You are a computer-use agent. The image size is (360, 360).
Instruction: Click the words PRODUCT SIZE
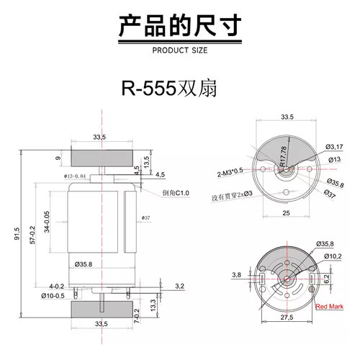(179, 50)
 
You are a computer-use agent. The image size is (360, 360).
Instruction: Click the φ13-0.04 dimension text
(76, 176)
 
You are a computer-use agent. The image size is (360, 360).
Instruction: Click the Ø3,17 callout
(335, 147)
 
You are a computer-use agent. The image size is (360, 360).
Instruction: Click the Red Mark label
(331, 305)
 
